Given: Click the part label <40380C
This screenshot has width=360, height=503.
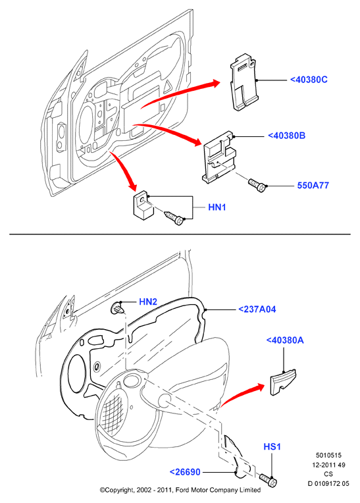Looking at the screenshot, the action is pos(309,80).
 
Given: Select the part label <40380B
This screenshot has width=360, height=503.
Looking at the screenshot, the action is pos(286,136).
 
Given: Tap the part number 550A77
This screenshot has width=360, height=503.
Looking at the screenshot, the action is pos(313,186).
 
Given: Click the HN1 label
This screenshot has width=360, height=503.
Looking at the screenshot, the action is pos(217,207).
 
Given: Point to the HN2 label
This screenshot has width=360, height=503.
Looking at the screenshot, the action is pos(148,302).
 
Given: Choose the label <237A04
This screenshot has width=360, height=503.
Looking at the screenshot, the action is pos(257,309).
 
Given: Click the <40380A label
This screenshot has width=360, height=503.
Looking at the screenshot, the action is pos(285,340).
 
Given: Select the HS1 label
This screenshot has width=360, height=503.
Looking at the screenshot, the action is pos(272,446).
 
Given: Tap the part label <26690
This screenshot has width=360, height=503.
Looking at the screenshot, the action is pos(185,472).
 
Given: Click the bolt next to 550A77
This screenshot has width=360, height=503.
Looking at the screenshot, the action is pos(257,185).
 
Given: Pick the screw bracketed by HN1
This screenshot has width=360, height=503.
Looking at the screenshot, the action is pos(174,218).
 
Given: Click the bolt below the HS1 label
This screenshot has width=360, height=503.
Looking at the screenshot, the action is pos(268,480).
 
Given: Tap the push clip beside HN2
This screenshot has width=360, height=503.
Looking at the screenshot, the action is pos(117,308).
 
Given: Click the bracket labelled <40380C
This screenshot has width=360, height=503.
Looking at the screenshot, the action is pos(244,82).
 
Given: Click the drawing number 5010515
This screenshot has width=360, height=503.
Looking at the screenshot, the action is pos(328,455).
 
